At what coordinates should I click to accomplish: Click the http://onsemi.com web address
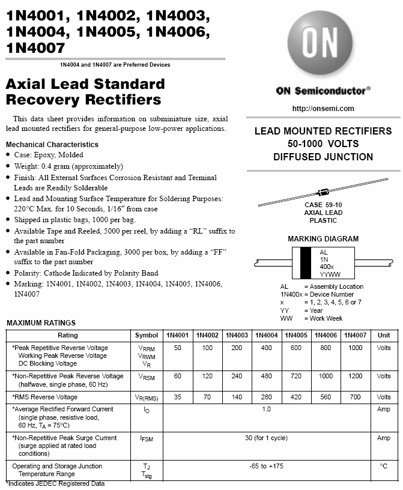coord(323,109)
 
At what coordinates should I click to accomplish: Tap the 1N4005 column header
coord(295,335)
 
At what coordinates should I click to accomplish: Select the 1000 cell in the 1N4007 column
coord(356,348)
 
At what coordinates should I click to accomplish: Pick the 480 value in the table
coord(265,376)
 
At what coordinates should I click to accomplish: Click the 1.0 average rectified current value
coord(266,409)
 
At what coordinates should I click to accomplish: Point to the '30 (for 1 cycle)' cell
coord(266,438)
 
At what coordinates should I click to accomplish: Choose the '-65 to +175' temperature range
coord(266,466)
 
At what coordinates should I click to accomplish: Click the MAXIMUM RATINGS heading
coord(41,323)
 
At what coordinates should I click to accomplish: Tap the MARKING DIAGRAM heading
coord(323,238)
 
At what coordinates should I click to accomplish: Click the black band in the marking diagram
coord(306,262)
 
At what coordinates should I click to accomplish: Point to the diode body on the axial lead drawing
coord(323,192)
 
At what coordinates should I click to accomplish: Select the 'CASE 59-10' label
coord(323,205)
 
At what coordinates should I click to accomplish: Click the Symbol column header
coord(147,335)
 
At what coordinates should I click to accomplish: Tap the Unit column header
coord(384,335)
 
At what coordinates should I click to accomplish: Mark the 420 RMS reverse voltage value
coord(295,397)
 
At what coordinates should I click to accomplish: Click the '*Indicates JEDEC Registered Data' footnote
coord(55,483)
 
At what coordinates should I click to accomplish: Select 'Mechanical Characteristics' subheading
coord(52,144)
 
